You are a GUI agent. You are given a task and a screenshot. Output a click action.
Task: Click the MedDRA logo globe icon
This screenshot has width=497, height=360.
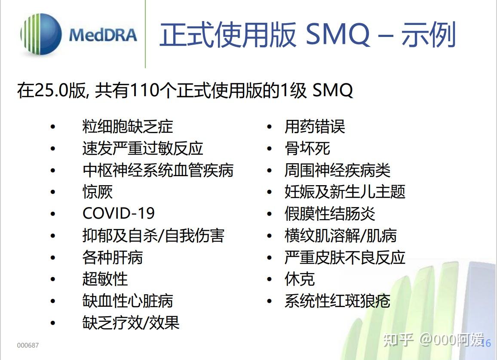[x=41, y=34]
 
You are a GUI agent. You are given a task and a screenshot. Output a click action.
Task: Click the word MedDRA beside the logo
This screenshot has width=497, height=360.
[x=103, y=35]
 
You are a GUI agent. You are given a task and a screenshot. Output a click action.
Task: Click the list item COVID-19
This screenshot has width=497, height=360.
[x=118, y=214]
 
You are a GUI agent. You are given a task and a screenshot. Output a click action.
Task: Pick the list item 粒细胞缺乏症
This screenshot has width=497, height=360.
[x=127, y=127]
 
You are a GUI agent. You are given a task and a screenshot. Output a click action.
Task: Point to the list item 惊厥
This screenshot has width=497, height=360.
[x=97, y=192]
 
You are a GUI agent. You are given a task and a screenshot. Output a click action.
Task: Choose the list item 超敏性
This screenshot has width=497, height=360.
[x=105, y=279]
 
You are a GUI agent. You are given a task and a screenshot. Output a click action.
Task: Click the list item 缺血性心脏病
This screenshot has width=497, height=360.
[x=127, y=301]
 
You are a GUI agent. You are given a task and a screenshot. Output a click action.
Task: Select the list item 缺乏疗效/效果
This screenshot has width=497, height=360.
[x=131, y=323]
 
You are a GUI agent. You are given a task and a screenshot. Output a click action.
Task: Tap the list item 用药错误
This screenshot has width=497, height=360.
[x=315, y=127]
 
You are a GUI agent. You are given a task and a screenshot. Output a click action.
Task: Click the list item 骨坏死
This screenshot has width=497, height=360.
[x=307, y=148]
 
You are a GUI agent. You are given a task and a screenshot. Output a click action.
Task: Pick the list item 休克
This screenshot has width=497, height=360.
[x=300, y=279]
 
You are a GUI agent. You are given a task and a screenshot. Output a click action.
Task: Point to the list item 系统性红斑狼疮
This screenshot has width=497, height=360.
[x=337, y=301]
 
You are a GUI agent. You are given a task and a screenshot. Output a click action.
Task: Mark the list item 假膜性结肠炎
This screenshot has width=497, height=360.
[x=330, y=214]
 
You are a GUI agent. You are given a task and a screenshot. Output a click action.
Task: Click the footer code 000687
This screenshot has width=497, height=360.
[x=28, y=345]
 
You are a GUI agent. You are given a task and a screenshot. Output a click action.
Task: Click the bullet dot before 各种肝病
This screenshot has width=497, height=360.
[x=53, y=257]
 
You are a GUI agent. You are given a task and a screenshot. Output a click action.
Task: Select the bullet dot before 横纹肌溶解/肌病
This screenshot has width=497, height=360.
[x=270, y=235]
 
